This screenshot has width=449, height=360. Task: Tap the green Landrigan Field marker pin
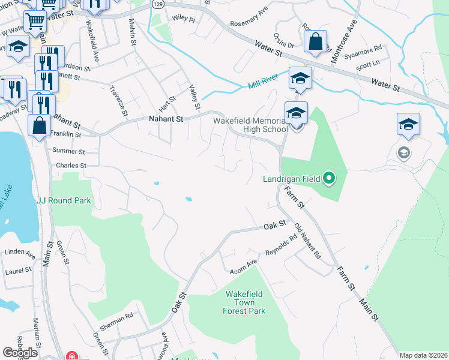pos(329,178)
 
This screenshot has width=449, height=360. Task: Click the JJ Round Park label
pos(64,200)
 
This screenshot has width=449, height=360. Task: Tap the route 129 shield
pos(157,4)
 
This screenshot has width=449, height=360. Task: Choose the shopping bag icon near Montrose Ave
pos(315,43)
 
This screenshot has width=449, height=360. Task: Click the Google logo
pos(20,353)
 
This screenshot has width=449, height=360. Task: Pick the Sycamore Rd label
pos(369,48)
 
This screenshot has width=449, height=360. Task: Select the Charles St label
pos(71,166)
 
